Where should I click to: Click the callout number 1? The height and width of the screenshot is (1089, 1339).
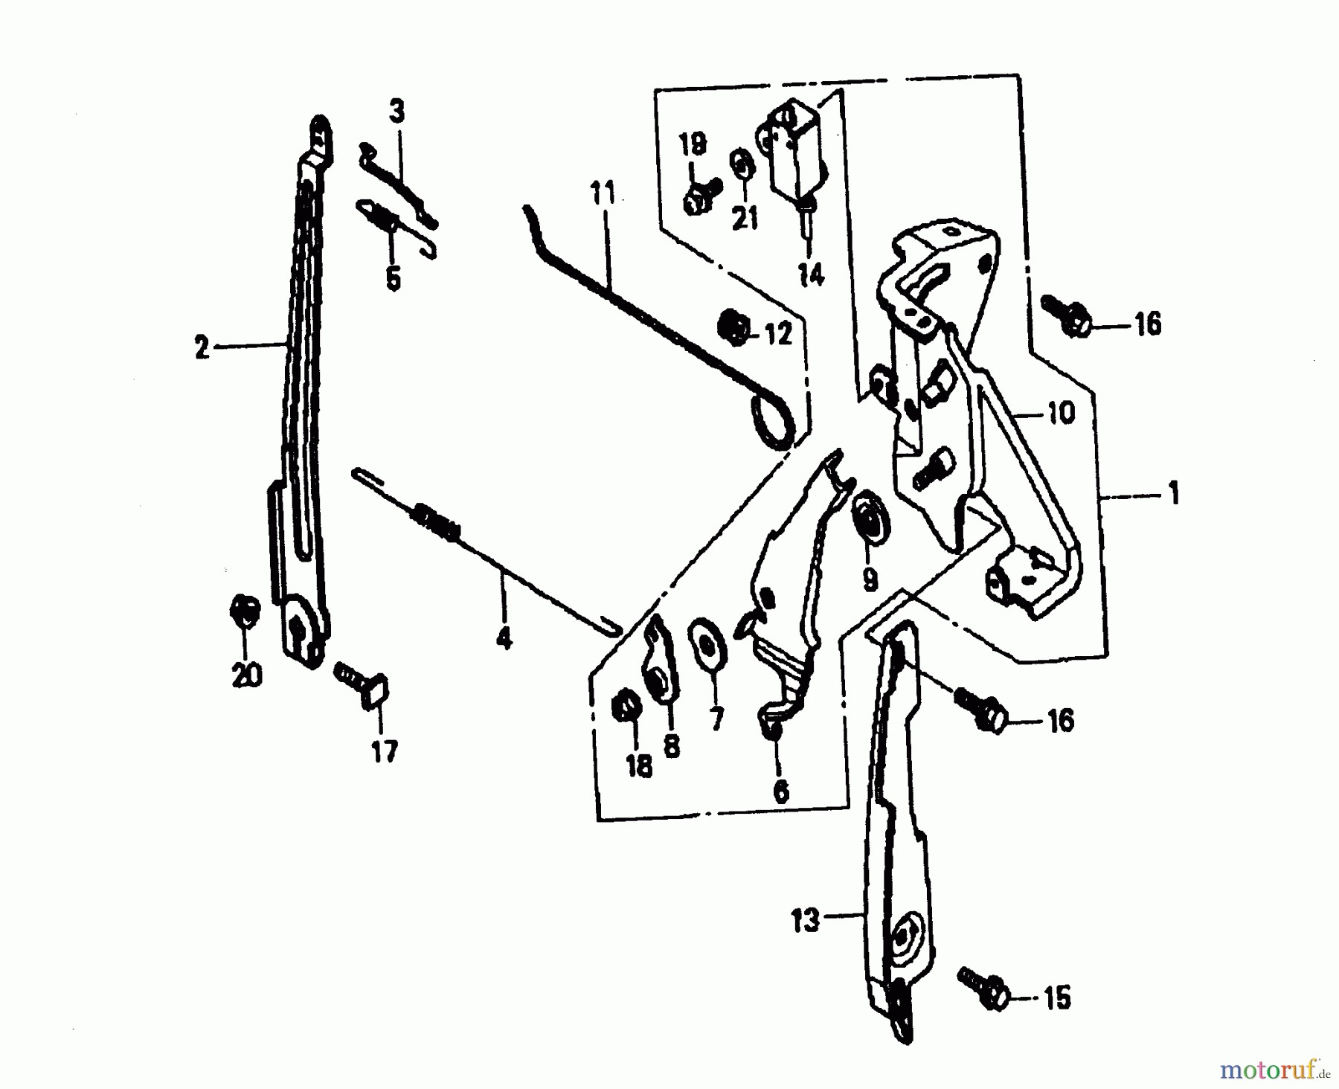point(1174,494)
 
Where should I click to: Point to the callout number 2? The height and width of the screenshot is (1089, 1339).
point(202,347)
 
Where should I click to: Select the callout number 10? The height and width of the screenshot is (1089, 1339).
point(1062,413)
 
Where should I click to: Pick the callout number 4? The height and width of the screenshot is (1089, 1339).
point(504,638)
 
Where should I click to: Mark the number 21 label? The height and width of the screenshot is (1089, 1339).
point(745,219)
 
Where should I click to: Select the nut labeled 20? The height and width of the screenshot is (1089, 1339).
point(244,613)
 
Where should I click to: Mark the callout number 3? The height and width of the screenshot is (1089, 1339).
point(396,112)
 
